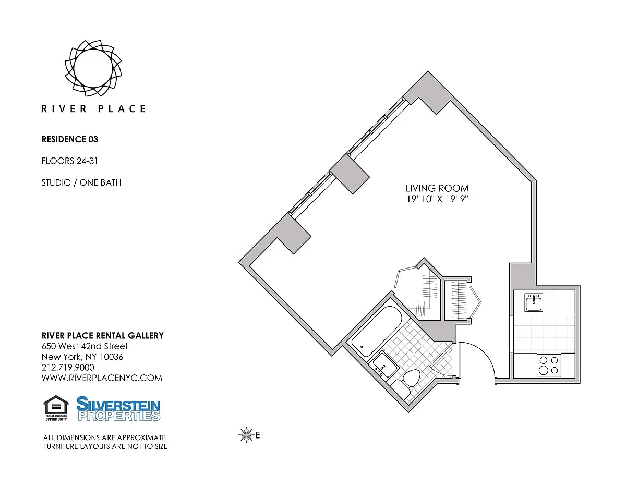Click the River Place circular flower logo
93,68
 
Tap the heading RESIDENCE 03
70,139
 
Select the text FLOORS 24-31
70,161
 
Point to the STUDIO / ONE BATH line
81,182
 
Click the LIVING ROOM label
437,188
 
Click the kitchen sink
534,303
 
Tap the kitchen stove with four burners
549,364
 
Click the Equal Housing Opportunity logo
56,408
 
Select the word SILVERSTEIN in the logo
118,404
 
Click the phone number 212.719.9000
68,368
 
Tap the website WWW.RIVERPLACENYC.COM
102,378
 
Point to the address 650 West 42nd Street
85,346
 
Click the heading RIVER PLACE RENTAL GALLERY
103,336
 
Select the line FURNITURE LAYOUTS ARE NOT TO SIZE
105,447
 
